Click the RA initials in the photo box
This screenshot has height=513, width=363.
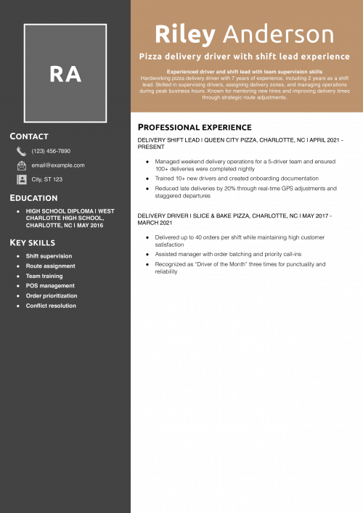pos(65,73)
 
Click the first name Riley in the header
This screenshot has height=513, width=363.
pos(185,34)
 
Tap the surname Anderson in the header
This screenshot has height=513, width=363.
pos(279,34)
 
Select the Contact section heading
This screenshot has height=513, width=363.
pos(29,136)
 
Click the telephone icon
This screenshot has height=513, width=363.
pos(22,151)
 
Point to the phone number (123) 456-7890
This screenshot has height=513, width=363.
pos(51,151)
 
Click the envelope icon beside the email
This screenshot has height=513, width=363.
pos(22,165)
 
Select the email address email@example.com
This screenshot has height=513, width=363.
pos(58,165)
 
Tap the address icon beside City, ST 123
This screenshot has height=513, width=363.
pos(22,179)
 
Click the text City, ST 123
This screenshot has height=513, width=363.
pos(47,179)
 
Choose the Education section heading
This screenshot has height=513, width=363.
pos(33,198)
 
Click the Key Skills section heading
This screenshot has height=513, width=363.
pos(32,242)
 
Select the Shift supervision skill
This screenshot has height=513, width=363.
pos(49,256)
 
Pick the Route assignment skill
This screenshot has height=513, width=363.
pos(50,266)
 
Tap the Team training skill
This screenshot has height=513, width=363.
pos(44,276)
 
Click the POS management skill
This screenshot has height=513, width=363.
pos(50,286)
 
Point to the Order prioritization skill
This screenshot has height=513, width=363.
pos(52,296)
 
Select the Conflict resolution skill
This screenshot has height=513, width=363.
pos(51,306)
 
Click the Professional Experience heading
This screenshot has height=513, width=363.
pos(195,128)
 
